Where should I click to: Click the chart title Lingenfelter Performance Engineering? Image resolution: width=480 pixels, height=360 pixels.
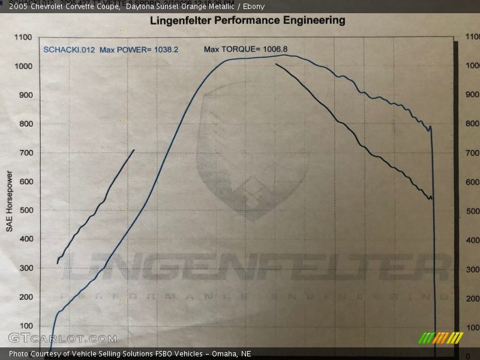tap(247, 20)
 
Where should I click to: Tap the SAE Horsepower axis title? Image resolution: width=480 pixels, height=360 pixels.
tap(9, 201)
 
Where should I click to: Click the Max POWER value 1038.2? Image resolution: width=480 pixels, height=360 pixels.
tap(166, 50)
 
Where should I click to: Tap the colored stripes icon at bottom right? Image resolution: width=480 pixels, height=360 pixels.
tap(441, 338)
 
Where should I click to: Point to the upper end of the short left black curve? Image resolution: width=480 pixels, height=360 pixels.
tap(134, 150)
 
